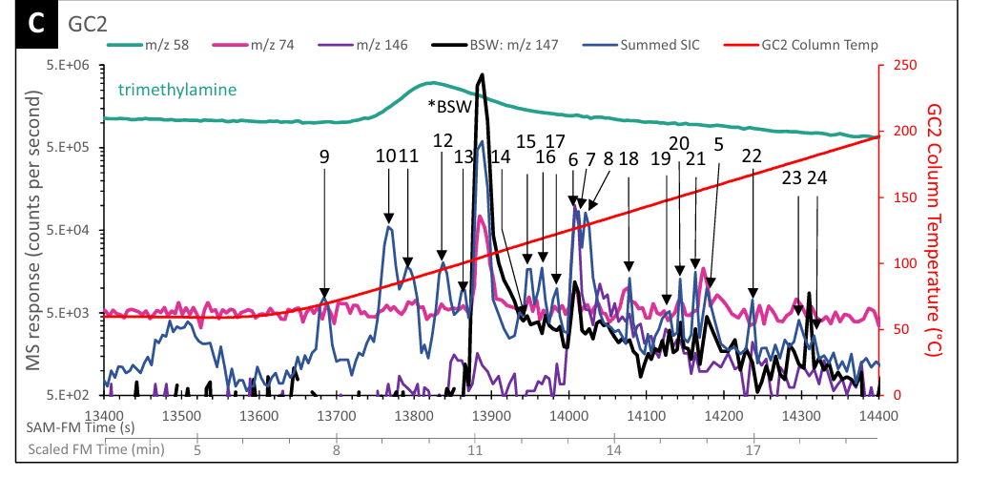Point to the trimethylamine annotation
(177, 91)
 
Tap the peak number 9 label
(324, 157)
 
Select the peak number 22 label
(752, 157)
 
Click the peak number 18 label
(628, 159)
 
